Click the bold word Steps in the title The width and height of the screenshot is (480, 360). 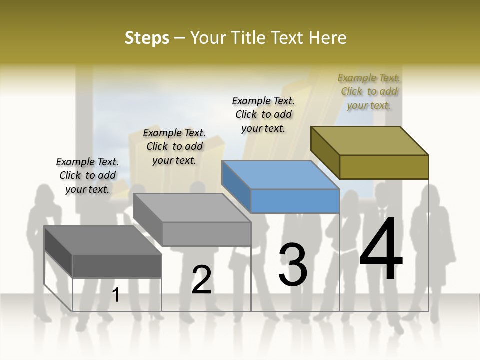(x=147, y=38)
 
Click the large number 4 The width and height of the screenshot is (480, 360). (x=381, y=250)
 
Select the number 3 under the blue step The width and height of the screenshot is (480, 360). (x=293, y=265)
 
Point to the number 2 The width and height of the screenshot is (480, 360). (x=202, y=280)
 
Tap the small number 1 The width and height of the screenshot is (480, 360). (x=116, y=295)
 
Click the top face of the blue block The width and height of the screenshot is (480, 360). (x=280, y=175)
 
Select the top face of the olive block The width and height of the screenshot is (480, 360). (x=370, y=140)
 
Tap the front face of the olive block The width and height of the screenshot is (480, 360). (x=384, y=167)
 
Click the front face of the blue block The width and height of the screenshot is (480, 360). (x=295, y=201)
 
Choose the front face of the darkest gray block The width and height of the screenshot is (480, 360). (x=117, y=266)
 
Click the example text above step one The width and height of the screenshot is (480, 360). (x=87, y=175)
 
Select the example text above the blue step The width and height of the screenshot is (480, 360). (x=263, y=114)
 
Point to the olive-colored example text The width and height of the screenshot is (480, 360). (x=369, y=91)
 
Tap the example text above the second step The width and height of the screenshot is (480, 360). (x=174, y=146)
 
